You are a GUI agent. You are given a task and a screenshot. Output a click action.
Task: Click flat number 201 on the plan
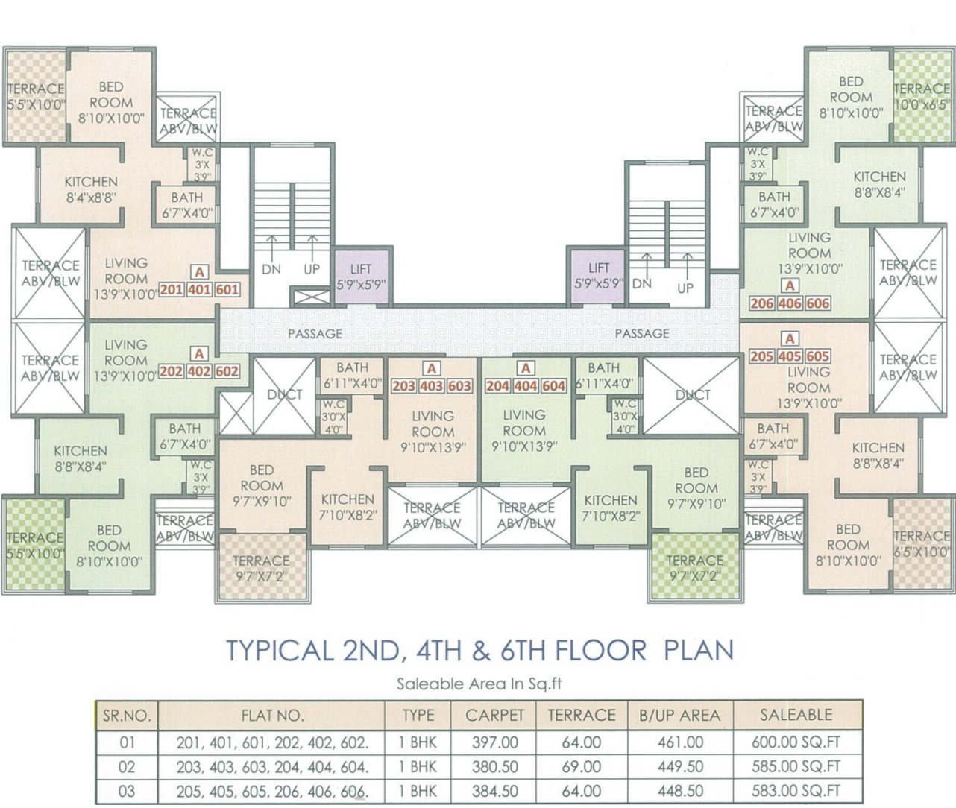172,290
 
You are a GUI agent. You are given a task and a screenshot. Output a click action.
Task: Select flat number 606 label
817,303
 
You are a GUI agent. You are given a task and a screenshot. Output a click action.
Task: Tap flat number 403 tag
432,386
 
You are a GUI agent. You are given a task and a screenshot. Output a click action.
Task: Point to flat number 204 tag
498,386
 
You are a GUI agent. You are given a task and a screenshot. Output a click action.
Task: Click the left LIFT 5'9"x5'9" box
362,277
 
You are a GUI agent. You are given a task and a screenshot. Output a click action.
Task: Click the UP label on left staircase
312,269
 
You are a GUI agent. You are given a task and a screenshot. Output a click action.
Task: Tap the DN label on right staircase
642,283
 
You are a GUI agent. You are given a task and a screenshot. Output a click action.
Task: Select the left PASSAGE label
315,334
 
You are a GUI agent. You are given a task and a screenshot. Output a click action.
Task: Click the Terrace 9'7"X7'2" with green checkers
695,567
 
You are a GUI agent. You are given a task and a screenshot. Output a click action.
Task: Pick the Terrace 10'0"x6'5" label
922,97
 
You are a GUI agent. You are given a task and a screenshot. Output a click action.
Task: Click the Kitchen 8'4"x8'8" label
91,190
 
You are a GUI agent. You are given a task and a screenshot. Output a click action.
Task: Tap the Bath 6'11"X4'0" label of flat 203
353,376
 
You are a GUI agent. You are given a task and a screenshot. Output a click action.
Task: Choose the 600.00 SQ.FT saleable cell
796,742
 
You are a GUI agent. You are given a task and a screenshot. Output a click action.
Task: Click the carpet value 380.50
495,766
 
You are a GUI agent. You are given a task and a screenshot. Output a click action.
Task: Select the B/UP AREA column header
680,716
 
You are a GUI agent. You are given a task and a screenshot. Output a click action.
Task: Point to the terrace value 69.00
582,766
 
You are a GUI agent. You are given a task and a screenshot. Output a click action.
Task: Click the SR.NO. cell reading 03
127,791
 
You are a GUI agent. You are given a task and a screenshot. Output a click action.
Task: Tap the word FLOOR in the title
600,650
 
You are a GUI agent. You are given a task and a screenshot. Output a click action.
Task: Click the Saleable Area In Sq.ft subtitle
479,684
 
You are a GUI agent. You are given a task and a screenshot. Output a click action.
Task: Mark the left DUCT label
284,394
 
